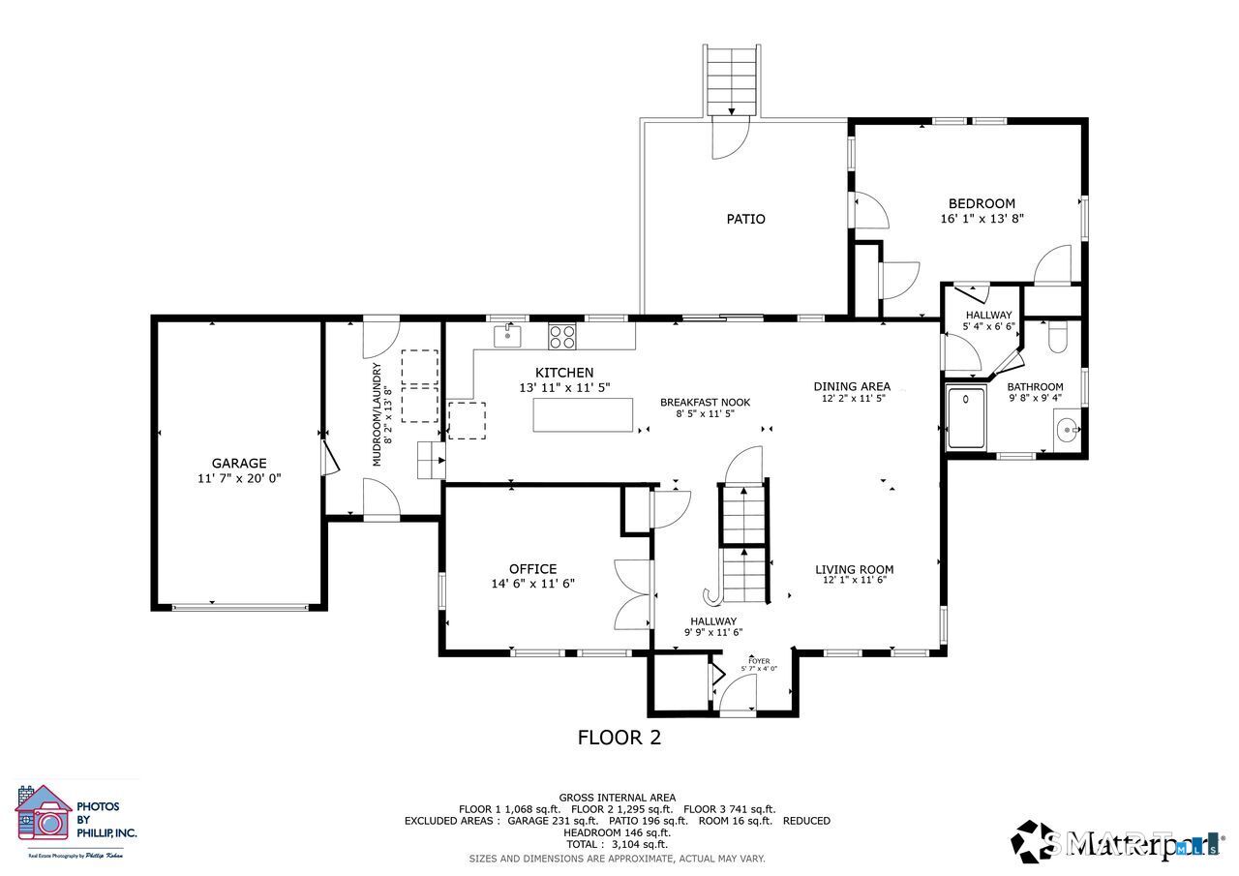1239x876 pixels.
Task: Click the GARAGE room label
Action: [x=239, y=463]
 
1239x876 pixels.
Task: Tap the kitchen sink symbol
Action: [x=507, y=336]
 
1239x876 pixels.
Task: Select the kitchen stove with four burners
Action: [x=562, y=336]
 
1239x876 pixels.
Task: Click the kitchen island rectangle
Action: [x=583, y=415]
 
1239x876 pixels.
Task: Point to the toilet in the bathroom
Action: [x=1057, y=334]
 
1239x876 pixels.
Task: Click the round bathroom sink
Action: [x=1068, y=427]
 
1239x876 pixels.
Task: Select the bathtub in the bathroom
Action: [x=966, y=418]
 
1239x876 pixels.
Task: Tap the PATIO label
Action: [x=745, y=219]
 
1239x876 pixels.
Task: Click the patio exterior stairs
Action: [x=732, y=79]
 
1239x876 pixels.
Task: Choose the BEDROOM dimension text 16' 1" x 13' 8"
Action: [x=982, y=219]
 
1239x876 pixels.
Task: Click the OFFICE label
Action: [x=532, y=569]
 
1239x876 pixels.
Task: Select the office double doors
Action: [x=633, y=594]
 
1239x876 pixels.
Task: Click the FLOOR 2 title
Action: [x=619, y=738]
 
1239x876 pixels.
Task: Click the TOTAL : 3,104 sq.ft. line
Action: [x=618, y=844]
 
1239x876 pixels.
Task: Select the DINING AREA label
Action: [x=852, y=386]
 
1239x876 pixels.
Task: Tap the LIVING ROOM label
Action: [x=854, y=569]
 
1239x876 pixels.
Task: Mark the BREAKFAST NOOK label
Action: [x=705, y=403]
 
